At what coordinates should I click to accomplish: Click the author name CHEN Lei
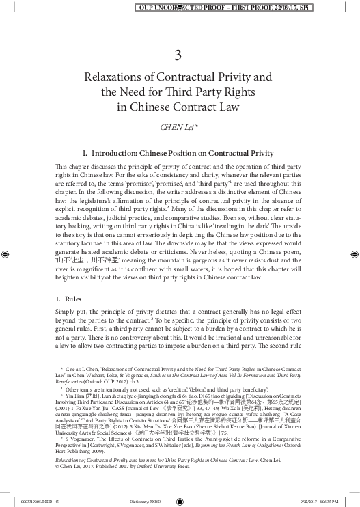(176, 126)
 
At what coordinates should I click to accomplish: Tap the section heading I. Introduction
(177, 153)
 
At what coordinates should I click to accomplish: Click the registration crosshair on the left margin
(6, 253)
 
